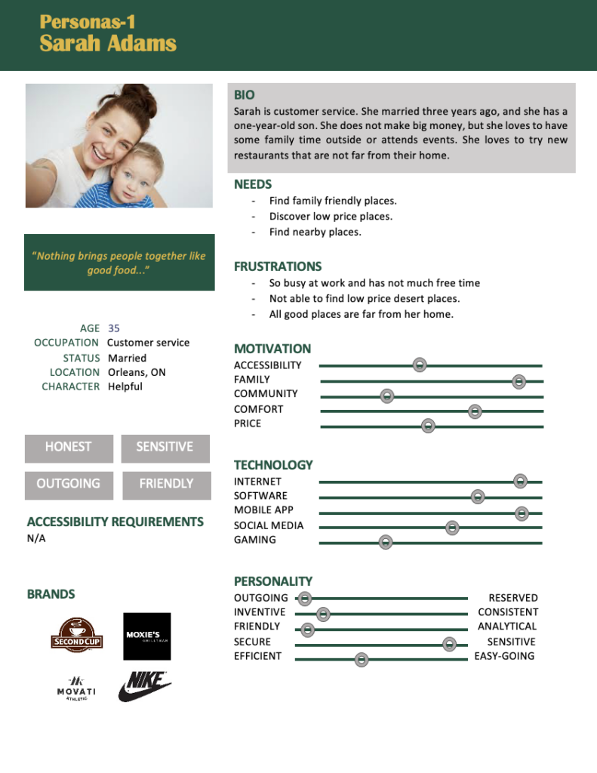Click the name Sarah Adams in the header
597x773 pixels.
pos(108,44)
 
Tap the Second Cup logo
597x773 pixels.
pos(77,635)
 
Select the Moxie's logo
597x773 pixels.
pos(147,636)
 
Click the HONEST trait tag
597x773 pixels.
pos(69,448)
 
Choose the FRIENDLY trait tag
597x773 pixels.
pos(166,485)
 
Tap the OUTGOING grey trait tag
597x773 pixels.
pos(69,485)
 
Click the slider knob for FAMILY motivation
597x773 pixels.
pos(519,381)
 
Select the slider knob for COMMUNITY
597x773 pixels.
pos(387,396)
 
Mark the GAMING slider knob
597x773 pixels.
pos(385,542)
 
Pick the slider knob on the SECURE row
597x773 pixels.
pos(450,644)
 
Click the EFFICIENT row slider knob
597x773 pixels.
pos(362,659)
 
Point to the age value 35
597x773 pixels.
pos(114,328)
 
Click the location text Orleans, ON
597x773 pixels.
pos(137,372)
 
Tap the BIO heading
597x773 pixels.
pos(245,95)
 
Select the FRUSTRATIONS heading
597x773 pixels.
pos(278,266)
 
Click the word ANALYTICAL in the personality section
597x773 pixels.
pos(507,627)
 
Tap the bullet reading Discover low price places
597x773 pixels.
pos(331,217)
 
